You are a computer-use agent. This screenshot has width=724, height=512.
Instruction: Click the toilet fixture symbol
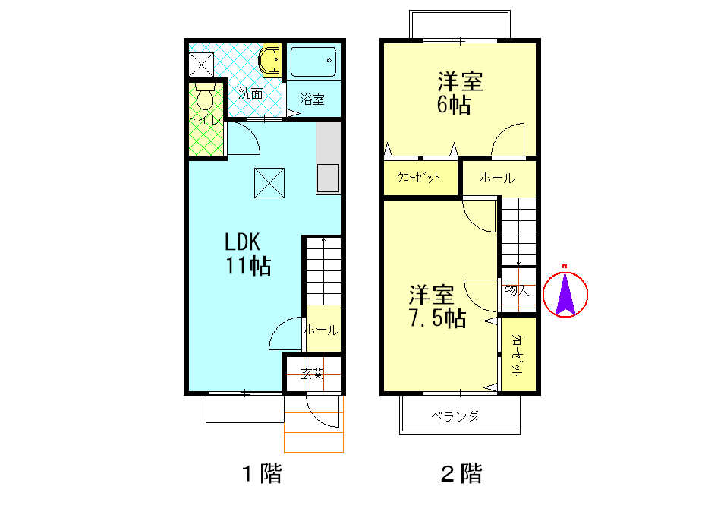pyautogui.click(x=205, y=98)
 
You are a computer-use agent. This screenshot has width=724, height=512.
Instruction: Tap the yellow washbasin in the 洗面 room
pyautogui.click(x=269, y=60)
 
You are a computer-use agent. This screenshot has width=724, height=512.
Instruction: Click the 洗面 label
pyautogui.click(x=250, y=94)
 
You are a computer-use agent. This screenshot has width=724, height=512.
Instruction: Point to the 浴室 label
pyautogui.click(x=312, y=100)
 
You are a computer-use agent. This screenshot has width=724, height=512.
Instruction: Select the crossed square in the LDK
pyautogui.click(x=269, y=182)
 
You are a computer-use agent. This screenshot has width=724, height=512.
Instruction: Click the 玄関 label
pyautogui.click(x=312, y=373)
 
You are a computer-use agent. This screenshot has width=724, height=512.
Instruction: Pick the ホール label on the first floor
pyautogui.click(x=321, y=330)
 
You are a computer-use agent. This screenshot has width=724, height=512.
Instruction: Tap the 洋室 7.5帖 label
pyautogui.click(x=436, y=306)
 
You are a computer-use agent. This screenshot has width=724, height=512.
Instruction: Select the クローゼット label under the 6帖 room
pyautogui.click(x=420, y=179)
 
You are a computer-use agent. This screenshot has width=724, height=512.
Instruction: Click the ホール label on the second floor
pyautogui.click(x=497, y=179)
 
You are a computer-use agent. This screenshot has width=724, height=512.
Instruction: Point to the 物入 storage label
pyautogui.click(x=518, y=290)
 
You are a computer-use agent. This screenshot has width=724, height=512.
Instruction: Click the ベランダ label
pyautogui.click(x=455, y=416)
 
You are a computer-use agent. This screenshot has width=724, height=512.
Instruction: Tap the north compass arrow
pyautogui.click(x=565, y=293)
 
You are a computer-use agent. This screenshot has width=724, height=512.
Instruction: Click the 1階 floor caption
pyautogui.click(x=262, y=475)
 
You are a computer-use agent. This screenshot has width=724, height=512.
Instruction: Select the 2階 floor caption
pyautogui.click(x=461, y=475)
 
